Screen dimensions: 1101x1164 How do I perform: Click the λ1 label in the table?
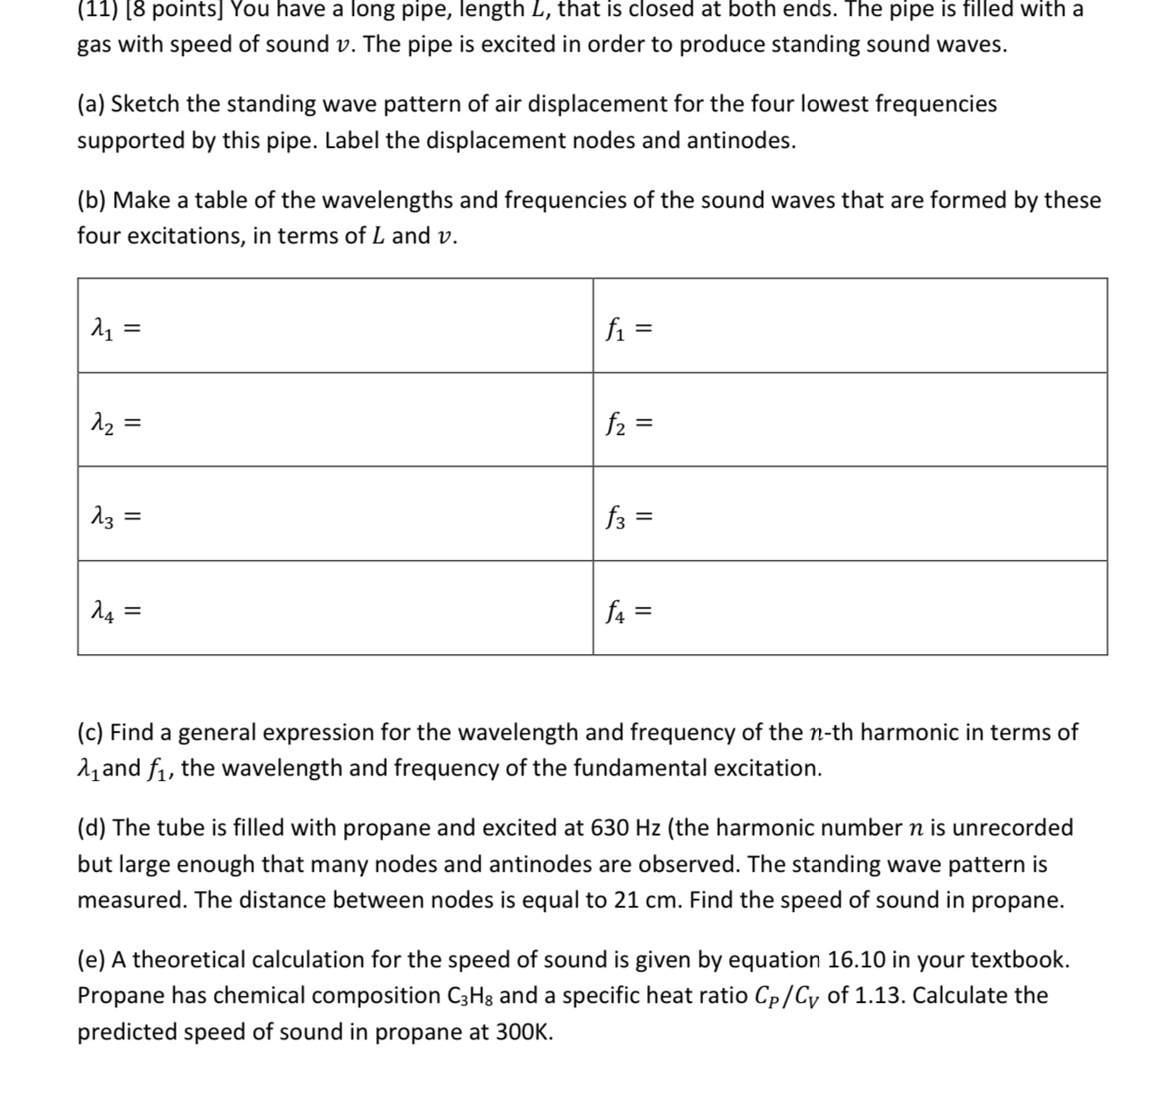(102, 330)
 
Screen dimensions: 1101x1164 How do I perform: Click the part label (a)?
(91, 104)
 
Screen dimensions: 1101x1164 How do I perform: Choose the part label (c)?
(91, 733)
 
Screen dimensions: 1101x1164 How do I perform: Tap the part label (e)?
(91, 960)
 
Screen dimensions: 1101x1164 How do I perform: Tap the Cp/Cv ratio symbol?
(787, 996)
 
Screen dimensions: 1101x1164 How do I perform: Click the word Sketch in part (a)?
(145, 104)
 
